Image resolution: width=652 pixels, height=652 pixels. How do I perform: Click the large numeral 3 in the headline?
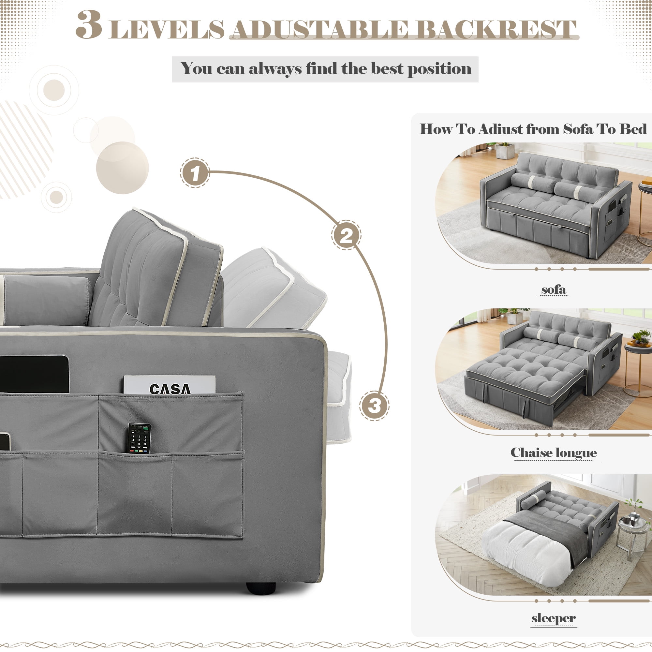click(x=88, y=25)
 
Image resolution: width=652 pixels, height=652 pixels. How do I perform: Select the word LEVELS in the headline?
click(x=167, y=29)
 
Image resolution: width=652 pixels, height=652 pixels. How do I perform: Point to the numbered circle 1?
click(x=195, y=173)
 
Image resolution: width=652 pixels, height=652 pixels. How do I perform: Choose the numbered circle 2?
click(x=346, y=235)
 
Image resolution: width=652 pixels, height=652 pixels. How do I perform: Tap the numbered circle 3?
click(x=374, y=406)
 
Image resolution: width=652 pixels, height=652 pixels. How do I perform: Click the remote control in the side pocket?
click(x=140, y=438)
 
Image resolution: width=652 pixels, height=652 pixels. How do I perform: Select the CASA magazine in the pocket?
click(x=169, y=385)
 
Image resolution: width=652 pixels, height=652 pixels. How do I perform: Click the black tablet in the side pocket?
click(x=34, y=374)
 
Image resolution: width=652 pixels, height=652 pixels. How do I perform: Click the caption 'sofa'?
click(x=554, y=289)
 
